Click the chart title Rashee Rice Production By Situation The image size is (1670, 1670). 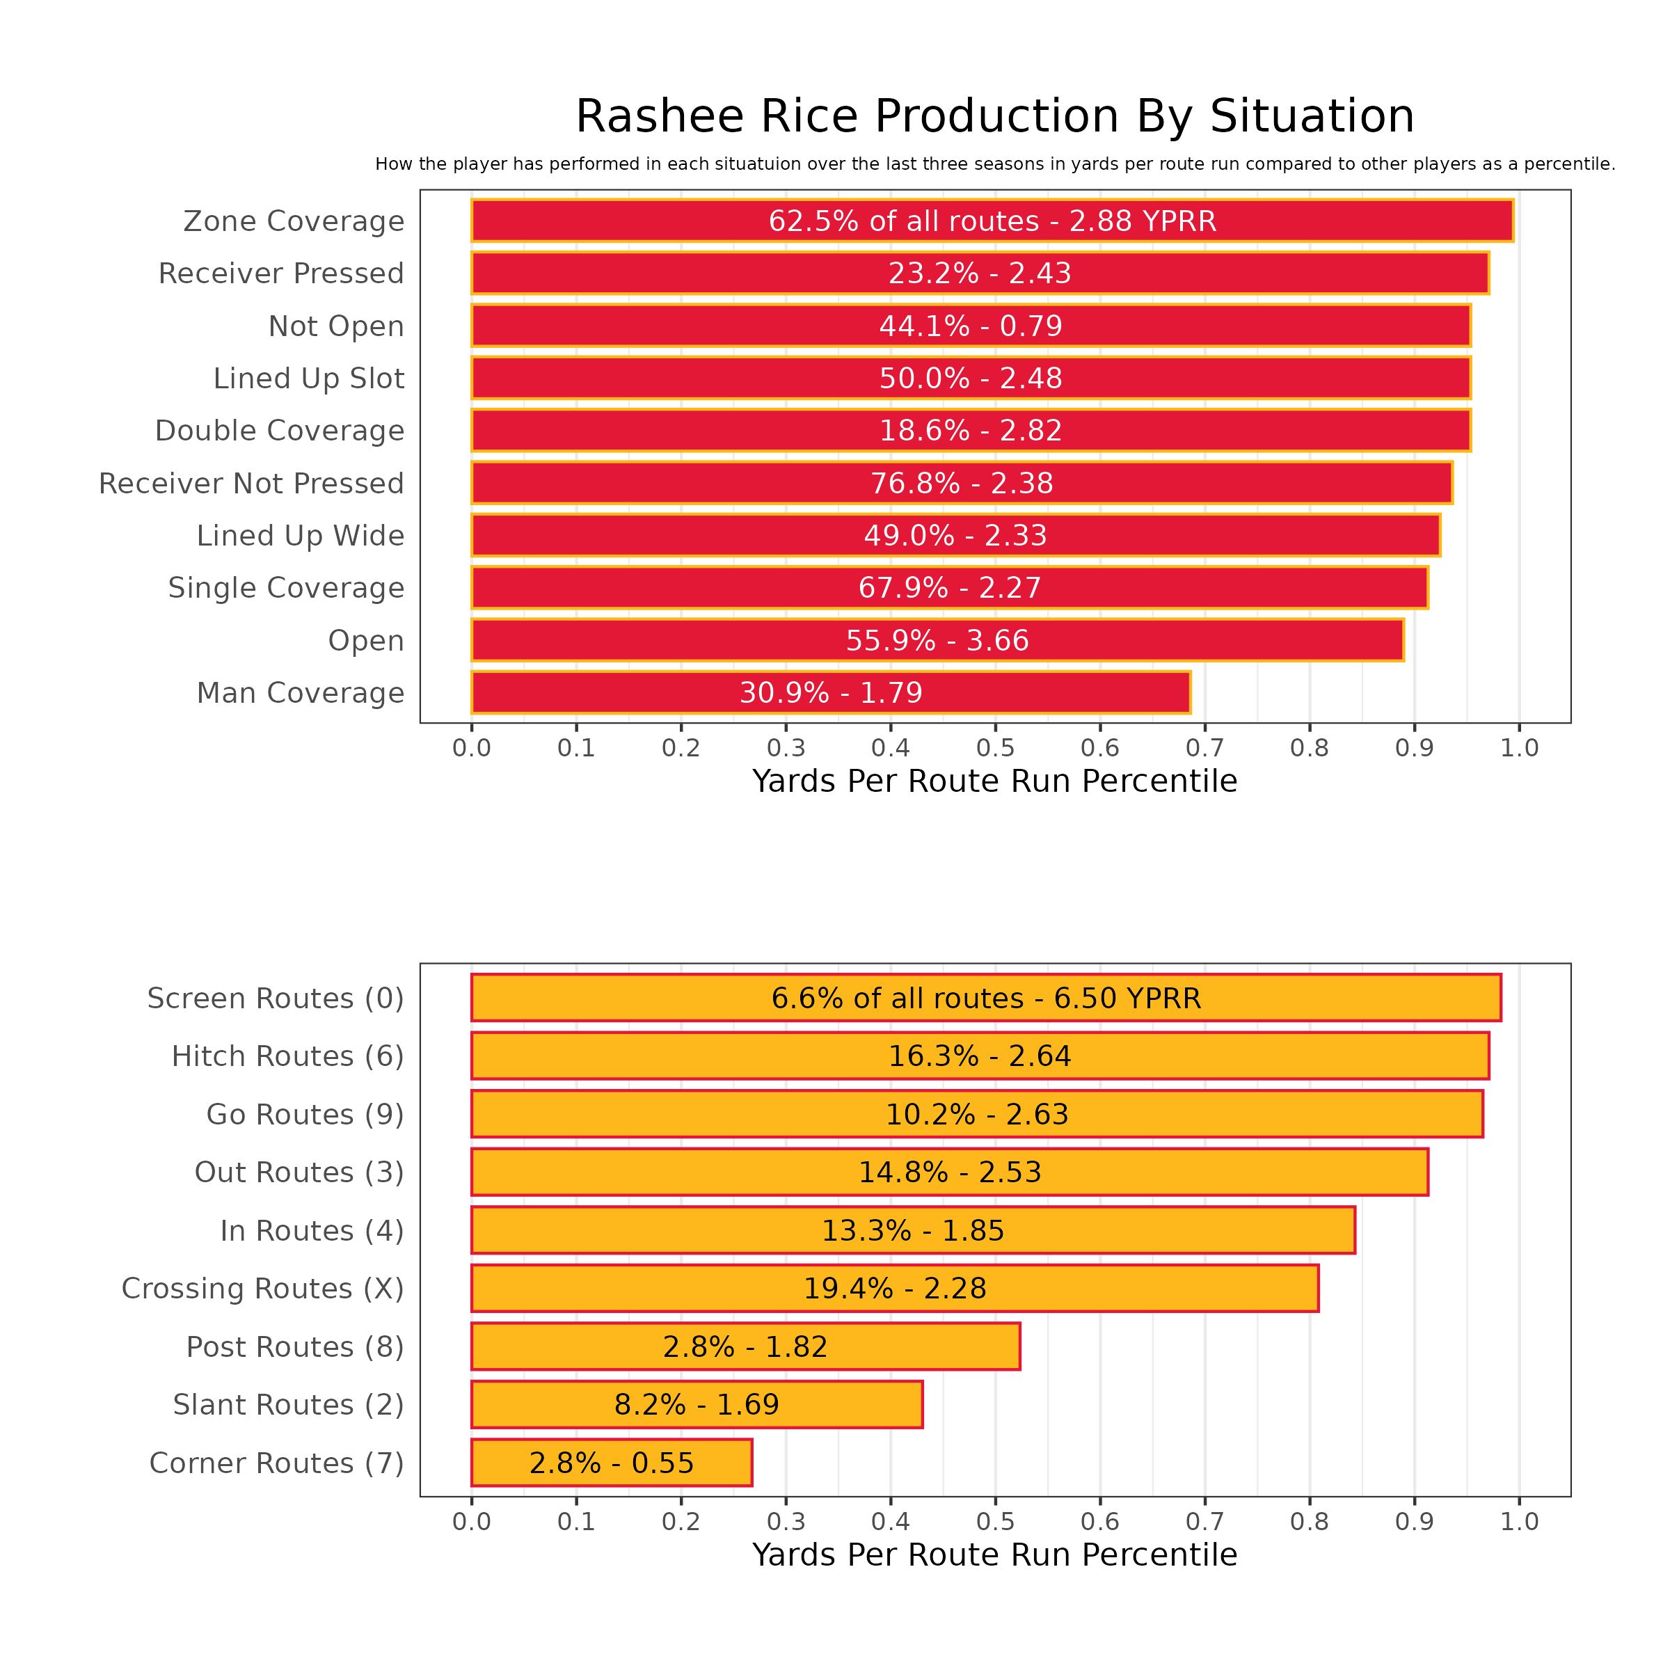point(995,117)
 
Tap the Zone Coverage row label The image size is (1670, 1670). point(294,221)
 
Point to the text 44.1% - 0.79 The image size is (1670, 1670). point(971,326)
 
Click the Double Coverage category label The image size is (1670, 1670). point(279,431)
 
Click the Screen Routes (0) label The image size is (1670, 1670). point(276,999)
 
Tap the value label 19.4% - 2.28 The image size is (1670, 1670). point(895,1289)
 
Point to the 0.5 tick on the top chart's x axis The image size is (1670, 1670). point(995,748)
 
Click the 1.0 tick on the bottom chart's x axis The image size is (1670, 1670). point(1520,1521)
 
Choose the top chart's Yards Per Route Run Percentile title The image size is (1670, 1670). point(995,781)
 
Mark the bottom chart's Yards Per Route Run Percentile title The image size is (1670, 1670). point(995,1555)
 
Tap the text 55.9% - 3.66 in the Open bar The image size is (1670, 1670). point(937,640)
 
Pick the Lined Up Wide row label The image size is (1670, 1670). point(300,536)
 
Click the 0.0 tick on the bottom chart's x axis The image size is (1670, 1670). point(471,1521)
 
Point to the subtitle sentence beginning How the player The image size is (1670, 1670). point(995,164)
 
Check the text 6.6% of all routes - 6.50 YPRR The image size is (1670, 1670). point(986,999)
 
